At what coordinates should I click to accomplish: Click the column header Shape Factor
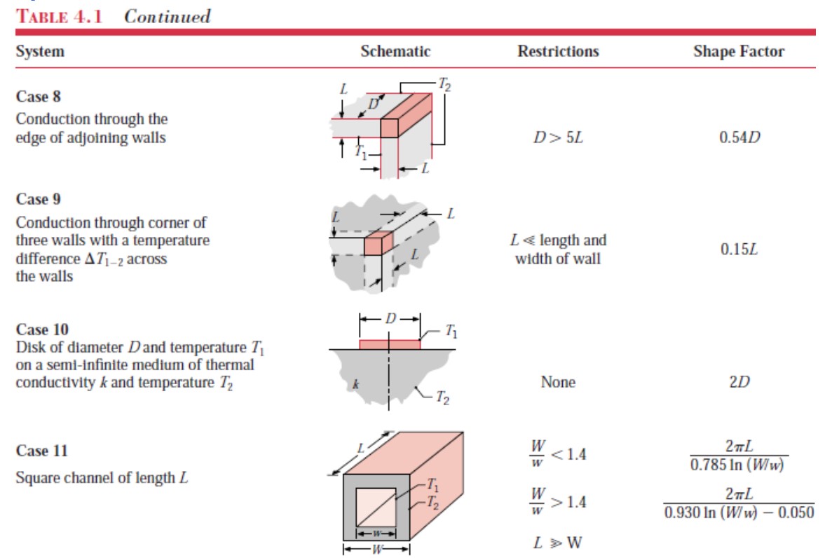pos(739,51)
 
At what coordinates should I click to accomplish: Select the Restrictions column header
pos(558,51)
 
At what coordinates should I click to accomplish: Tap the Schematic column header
pos(395,51)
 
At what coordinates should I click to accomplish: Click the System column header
pos(40,51)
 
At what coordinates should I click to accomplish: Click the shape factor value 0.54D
pos(739,137)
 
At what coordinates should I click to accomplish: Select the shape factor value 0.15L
pos(739,250)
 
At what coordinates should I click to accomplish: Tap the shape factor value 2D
pos(739,382)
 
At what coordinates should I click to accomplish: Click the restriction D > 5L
pos(558,137)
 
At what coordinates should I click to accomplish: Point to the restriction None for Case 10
pos(558,382)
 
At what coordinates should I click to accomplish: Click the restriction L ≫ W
pos(558,543)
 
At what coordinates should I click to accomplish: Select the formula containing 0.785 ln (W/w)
pos(739,456)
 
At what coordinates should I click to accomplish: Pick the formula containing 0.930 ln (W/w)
pos(739,504)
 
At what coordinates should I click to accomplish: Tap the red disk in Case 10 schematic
pos(390,344)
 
